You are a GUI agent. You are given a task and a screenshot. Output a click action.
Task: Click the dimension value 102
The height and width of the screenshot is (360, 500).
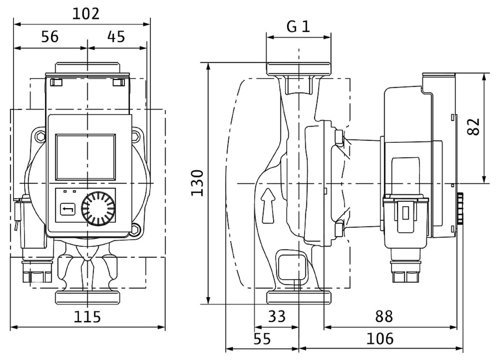(86, 14)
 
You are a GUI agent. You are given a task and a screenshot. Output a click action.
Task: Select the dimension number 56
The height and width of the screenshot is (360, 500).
(50, 37)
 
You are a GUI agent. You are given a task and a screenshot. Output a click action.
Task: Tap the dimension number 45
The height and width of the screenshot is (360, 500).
(116, 37)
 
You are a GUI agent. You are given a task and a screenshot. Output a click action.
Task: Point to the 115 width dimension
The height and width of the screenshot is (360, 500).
(87, 317)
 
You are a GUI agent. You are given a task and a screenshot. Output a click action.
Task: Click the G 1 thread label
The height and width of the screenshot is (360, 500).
(298, 27)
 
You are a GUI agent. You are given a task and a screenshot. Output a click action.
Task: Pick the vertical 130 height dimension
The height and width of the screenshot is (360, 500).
(197, 183)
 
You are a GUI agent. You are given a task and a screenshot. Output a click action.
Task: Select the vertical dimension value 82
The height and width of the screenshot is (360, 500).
(474, 127)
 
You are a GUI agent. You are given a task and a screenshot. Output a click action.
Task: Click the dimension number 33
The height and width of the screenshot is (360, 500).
(277, 317)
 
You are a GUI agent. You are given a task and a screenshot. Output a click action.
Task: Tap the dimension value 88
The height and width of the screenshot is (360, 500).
(384, 317)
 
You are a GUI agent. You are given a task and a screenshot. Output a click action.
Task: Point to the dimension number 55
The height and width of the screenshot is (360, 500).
(262, 339)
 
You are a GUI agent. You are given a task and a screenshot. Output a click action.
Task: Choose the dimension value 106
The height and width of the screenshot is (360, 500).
(380, 339)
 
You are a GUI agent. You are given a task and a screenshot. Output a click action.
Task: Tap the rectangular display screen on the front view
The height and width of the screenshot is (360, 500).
(85, 157)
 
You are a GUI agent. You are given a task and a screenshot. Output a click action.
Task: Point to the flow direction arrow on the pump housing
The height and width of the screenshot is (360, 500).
(268, 205)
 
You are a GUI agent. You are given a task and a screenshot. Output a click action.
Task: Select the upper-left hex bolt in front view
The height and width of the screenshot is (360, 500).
(40, 137)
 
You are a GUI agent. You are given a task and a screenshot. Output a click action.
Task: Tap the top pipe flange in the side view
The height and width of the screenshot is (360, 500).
(298, 69)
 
